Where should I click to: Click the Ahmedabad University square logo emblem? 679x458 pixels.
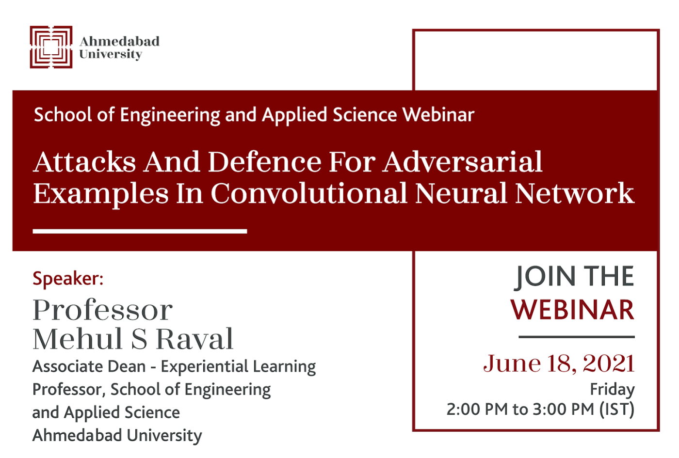tap(51, 47)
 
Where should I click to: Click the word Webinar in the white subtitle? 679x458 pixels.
tap(438, 115)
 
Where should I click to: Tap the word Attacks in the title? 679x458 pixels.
tap(84, 162)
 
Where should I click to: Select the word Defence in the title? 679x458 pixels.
tap(264, 162)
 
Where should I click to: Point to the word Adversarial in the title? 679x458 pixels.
tap(462, 162)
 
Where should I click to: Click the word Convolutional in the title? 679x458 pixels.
tap(309, 193)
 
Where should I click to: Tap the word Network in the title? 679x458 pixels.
tap(574, 193)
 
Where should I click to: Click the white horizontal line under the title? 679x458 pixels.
tap(140, 232)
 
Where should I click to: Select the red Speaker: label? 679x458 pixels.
tap(68, 279)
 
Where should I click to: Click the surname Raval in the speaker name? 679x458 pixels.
tap(195, 339)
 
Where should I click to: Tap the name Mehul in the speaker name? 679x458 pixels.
tap(77, 339)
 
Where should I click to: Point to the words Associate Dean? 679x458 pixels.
tap(89, 366)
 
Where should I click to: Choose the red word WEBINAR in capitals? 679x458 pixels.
tap(572, 310)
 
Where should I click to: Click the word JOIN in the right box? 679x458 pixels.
tap(545, 277)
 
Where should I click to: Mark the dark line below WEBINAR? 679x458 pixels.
tap(577, 336)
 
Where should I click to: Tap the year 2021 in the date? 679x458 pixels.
tap(609, 363)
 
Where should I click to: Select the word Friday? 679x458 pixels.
tap(612, 390)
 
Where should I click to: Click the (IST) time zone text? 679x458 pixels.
tap(617, 410)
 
